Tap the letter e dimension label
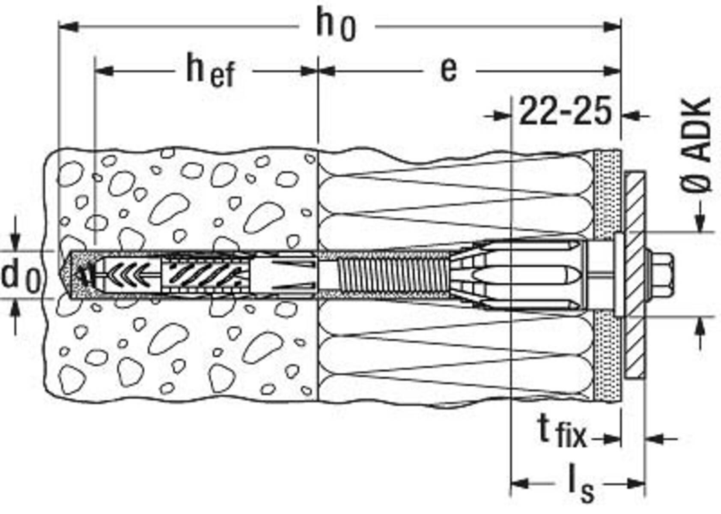pyautogui.click(x=448, y=70)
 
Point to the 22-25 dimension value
pyautogui.click(x=565, y=112)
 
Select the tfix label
pyautogui.click(x=561, y=433)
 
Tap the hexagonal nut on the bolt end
pyautogui.click(x=662, y=274)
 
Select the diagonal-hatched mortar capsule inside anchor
pyautogui.click(x=206, y=274)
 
